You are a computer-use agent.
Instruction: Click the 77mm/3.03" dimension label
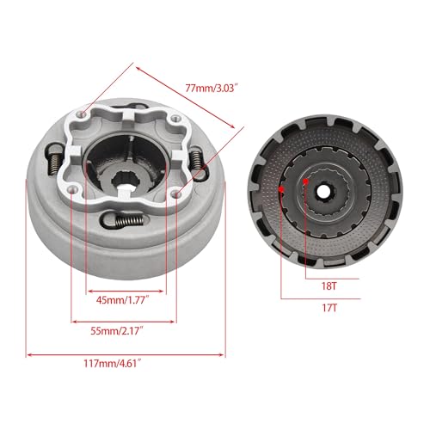tap(212, 88)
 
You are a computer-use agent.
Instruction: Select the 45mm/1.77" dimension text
tap(123, 300)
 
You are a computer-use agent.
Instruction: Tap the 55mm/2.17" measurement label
tap(117, 331)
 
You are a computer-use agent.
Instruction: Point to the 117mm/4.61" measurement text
tap(113, 364)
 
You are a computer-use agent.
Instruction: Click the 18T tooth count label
tap(329, 286)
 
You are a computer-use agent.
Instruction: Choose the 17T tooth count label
tap(329, 308)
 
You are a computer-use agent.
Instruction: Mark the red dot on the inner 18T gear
tap(306, 181)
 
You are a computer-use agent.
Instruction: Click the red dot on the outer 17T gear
tap(281, 189)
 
